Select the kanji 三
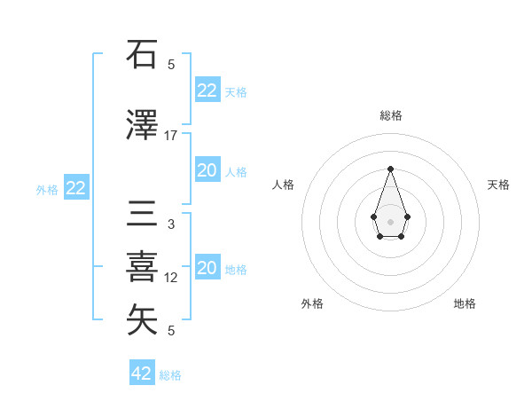click(x=143, y=216)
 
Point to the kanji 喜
click(x=143, y=266)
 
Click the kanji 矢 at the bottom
click(x=143, y=319)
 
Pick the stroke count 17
click(x=171, y=135)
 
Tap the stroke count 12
click(x=171, y=278)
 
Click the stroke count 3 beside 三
click(x=171, y=224)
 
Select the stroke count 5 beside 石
click(x=171, y=64)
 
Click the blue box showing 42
click(x=142, y=374)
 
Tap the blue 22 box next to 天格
click(x=207, y=90)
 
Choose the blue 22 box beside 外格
click(x=75, y=188)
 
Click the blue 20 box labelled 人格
click(x=207, y=171)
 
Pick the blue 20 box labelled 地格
click(x=207, y=269)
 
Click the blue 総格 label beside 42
click(x=170, y=375)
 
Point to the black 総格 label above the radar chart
click(x=390, y=115)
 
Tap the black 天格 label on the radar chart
click(x=498, y=185)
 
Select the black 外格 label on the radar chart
click(x=312, y=303)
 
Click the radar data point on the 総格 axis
click(x=390, y=169)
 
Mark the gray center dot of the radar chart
click(x=390, y=220)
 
